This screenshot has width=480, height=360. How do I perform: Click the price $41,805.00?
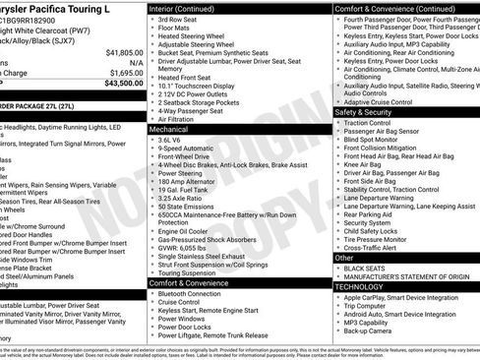[x=123, y=51]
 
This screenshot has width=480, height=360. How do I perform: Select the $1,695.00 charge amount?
[x=123, y=72]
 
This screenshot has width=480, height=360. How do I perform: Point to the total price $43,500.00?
[x=122, y=84]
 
